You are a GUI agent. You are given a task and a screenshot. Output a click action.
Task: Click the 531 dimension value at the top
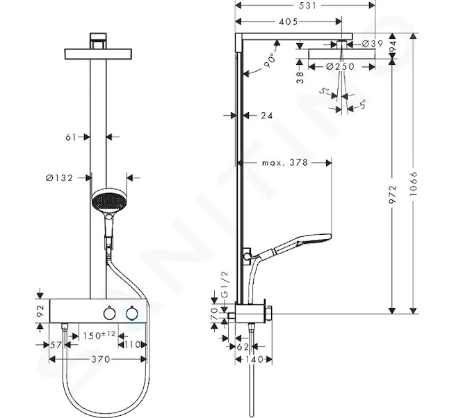tap(307, 5)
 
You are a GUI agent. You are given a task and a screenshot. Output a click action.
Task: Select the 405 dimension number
tap(289, 22)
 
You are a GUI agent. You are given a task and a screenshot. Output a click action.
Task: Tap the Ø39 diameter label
tap(373, 44)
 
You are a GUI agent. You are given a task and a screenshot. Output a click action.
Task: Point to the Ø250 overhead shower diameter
tap(340, 67)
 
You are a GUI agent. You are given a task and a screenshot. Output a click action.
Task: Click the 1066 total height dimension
tap(414, 183)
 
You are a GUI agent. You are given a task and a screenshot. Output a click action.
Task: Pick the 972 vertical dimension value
tap(393, 194)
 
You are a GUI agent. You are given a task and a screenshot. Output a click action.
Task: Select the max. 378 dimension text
tap(284, 163)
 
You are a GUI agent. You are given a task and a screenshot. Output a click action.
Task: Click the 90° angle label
tap(269, 60)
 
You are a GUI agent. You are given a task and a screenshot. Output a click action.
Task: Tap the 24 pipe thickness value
tap(267, 116)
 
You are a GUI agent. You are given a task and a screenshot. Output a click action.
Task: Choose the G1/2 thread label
tap(225, 284)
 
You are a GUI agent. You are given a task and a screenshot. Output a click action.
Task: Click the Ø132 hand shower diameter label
tap(60, 178)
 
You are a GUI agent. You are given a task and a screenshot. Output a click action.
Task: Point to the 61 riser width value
tap(71, 137)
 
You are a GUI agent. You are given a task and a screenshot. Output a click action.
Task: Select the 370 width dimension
tap(101, 359)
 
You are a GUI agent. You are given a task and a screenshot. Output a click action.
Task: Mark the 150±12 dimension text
tap(99, 336)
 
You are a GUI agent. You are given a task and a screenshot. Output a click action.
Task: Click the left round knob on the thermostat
tap(109, 313)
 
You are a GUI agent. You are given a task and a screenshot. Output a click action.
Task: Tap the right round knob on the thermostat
tap(132, 313)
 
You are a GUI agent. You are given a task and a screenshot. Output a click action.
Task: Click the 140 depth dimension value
tap(253, 359)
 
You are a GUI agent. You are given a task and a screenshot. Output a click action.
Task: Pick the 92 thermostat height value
tap(40, 311)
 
